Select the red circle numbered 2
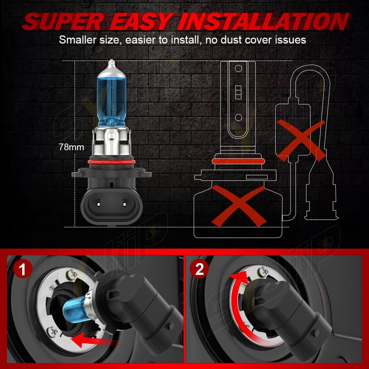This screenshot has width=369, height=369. [199, 269]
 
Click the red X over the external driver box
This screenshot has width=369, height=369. [300, 134]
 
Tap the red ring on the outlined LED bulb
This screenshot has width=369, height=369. [238, 161]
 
